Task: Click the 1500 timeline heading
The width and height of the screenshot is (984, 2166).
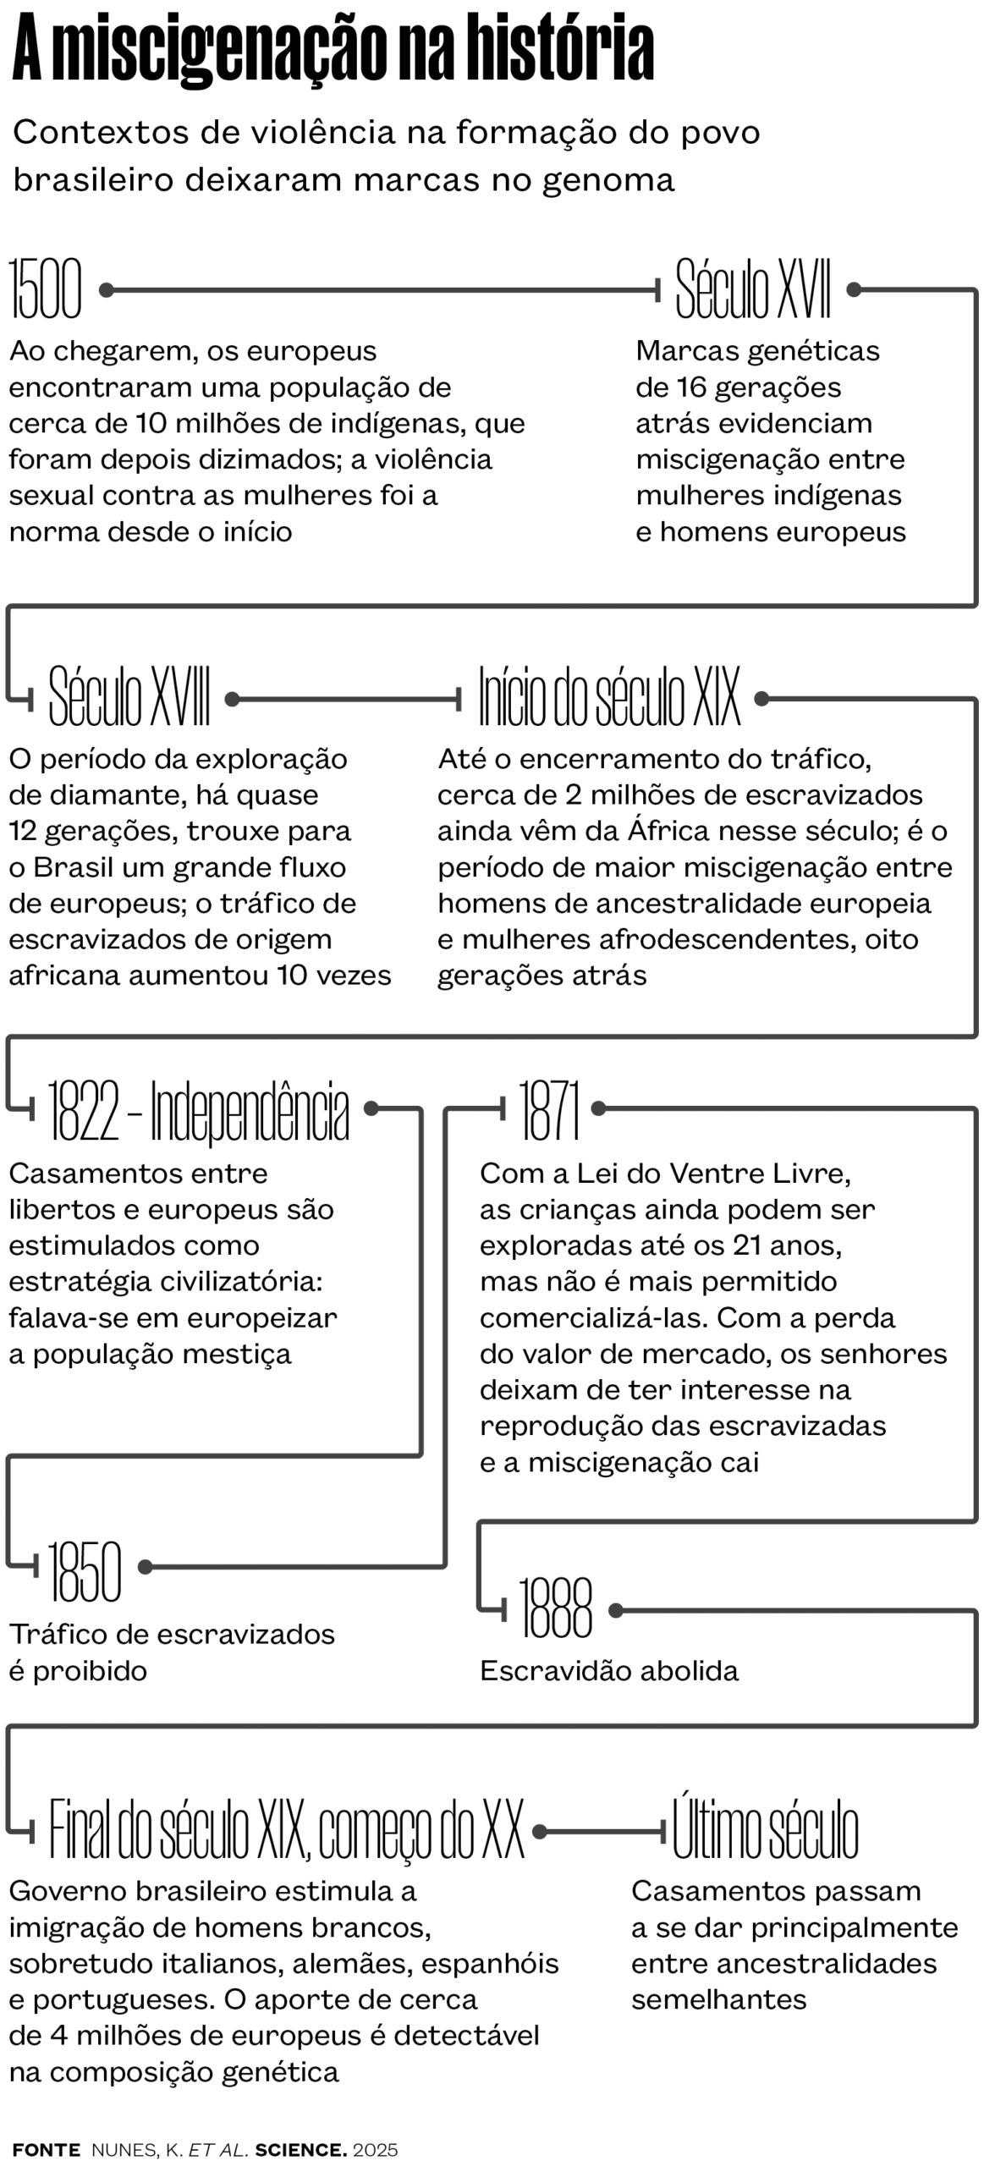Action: (x=46, y=289)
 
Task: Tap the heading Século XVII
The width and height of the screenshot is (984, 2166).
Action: (x=752, y=289)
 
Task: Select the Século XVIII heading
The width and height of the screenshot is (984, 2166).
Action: (x=129, y=697)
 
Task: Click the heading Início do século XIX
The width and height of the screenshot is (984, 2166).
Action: (x=608, y=697)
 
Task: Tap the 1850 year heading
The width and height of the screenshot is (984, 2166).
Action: (x=85, y=1569)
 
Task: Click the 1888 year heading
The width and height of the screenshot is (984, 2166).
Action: (x=555, y=1608)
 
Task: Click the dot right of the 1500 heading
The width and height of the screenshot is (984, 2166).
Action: (x=107, y=290)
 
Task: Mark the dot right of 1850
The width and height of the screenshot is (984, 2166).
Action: (x=145, y=1567)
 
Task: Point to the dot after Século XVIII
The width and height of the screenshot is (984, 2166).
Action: (x=232, y=699)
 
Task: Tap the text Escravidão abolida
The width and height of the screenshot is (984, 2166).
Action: (x=609, y=1671)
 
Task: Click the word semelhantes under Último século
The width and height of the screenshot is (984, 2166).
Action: (x=718, y=1999)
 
